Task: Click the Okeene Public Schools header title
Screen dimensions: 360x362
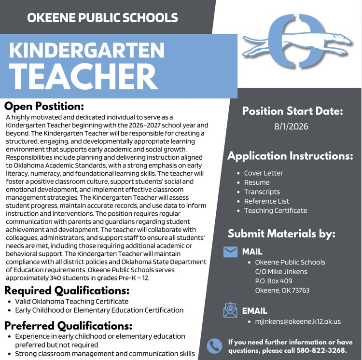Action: [102, 18]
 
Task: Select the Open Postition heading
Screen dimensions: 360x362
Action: [44, 106]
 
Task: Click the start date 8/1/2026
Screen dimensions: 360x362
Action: [291, 127]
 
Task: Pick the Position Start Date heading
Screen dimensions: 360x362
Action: [292, 111]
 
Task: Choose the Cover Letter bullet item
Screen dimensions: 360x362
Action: [264, 173]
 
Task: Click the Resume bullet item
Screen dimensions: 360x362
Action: [257, 182]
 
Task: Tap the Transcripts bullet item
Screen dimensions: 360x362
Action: [262, 192]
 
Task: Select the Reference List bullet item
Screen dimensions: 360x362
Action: [266, 201]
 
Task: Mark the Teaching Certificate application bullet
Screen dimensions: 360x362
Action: [275, 210]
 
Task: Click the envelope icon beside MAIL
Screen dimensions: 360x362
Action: [231, 251]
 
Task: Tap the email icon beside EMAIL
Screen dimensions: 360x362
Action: [230, 310]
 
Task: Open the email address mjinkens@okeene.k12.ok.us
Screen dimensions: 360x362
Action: [298, 321]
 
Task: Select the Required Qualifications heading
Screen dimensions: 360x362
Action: [67, 291]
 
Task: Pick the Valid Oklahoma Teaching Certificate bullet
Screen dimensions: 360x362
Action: [71, 302]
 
